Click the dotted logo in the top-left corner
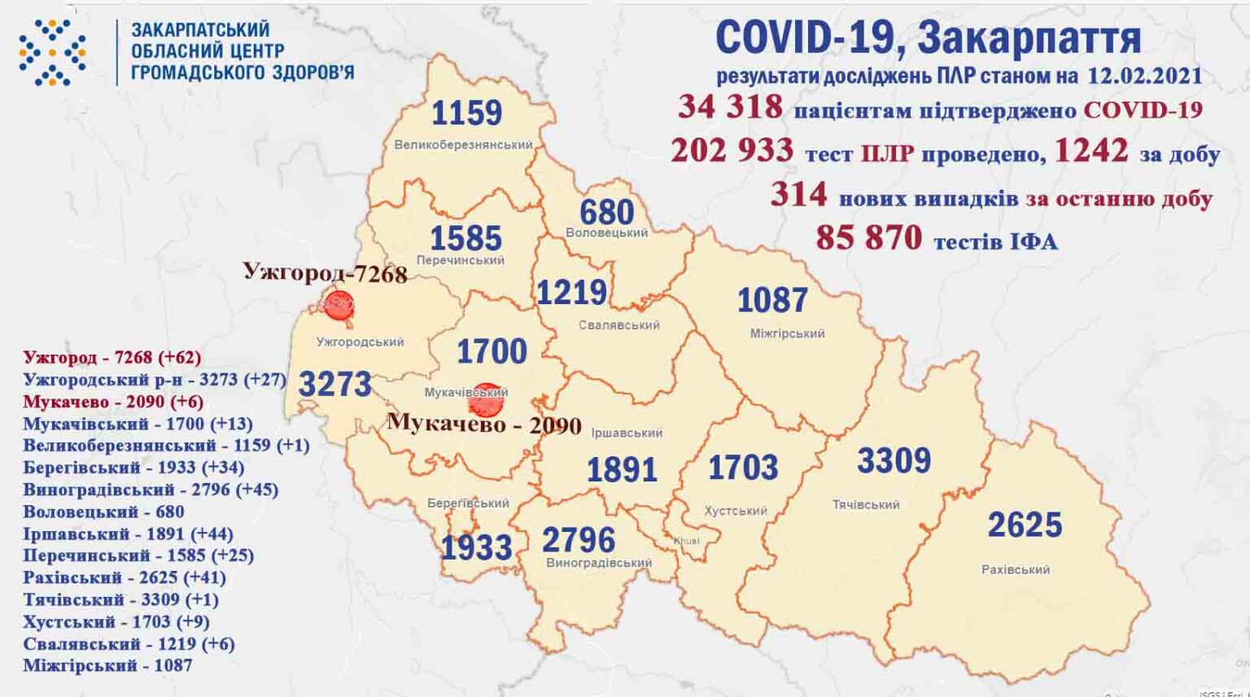click(x=52, y=53)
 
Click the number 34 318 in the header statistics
click(x=730, y=107)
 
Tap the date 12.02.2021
click(x=1144, y=76)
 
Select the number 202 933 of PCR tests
click(x=732, y=150)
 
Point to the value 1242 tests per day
click(x=1091, y=150)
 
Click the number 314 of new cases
click(x=798, y=194)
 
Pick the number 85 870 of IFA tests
click(x=868, y=238)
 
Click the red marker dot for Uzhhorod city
click(x=338, y=305)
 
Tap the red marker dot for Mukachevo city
click(x=486, y=400)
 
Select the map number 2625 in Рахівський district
click(x=1025, y=525)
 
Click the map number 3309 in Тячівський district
click(x=894, y=461)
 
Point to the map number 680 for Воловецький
click(x=606, y=212)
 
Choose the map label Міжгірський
click(x=787, y=333)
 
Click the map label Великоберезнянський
click(x=463, y=145)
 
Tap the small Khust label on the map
click(x=686, y=541)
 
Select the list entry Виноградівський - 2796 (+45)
click(x=151, y=490)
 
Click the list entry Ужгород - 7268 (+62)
click(x=111, y=357)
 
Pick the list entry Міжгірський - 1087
click(x=107, y=665)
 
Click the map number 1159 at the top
click(x=466, y=113)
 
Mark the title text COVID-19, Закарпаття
click(x=928, y=37)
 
